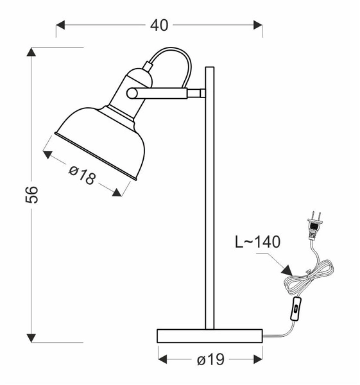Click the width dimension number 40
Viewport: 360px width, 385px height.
tap(159, 25)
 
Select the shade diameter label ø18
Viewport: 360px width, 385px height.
tap(81, 175)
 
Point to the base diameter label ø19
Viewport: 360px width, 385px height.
tap(210, 359)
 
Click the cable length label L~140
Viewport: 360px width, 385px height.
tap(257, 242)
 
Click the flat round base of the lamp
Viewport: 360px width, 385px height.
tap(210, 336)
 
